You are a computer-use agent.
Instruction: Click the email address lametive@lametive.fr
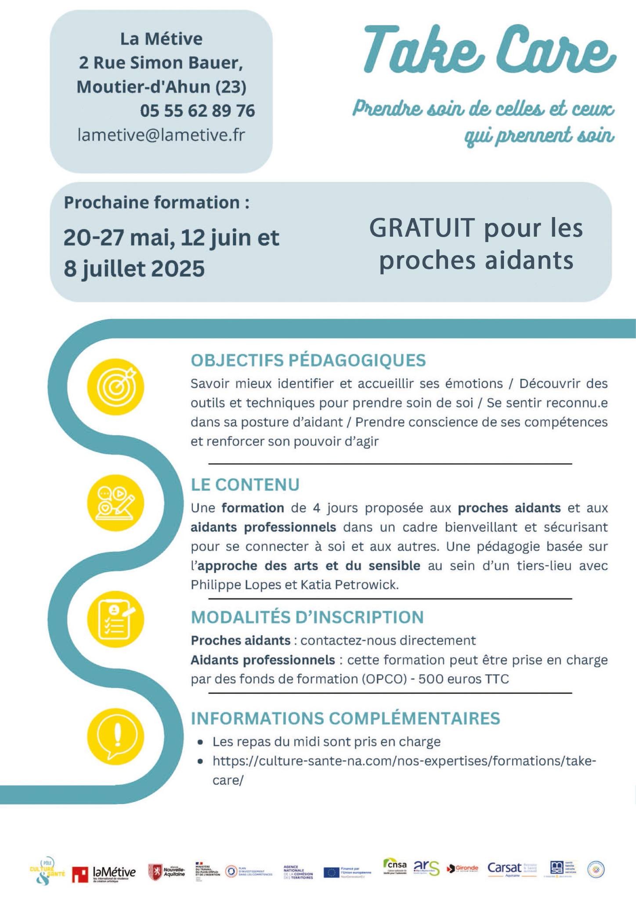click(161, 135)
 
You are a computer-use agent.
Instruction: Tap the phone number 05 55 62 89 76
click(197, 111)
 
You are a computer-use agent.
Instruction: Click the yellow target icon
click(116, 387)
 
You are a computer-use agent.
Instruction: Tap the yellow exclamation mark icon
click(116, 736)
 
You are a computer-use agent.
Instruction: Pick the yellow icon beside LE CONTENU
click(116, 503)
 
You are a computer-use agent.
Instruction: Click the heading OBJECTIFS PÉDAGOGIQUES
click(308, 360)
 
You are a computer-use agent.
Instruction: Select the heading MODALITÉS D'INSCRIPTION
click(307, 617)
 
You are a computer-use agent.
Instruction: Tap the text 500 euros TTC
click(463, 679)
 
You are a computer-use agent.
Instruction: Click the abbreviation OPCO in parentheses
click(383, 679)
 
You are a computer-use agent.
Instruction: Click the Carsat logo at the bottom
click(505, 868)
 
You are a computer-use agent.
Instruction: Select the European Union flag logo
click(331, 872)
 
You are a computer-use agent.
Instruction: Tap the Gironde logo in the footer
click(462, 868)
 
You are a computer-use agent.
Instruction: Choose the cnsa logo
click(395, 866)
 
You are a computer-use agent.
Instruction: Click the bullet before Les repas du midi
click(200, 742)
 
